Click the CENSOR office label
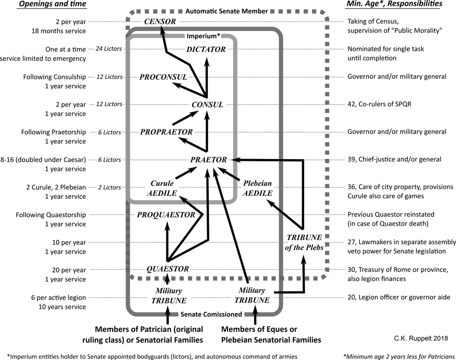(160, 21)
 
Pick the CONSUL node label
(207, 104)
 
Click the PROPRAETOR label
(167, 132)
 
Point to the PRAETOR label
(209, 159)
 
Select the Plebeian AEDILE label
(257, 188)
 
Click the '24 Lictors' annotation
(109, 49)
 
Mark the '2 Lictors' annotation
(109, 187)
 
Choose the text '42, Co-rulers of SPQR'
(383, 104)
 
